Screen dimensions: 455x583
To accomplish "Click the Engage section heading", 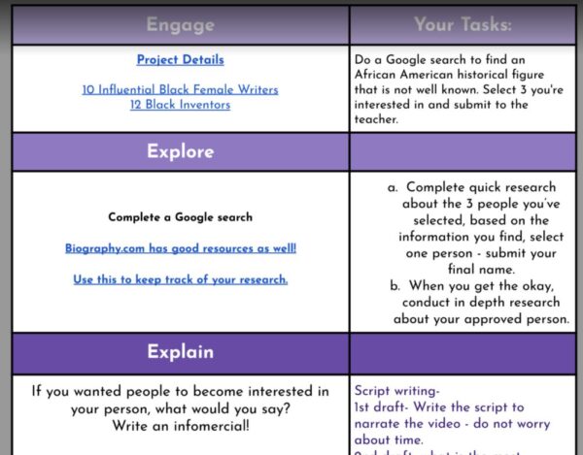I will [x=180, y=25].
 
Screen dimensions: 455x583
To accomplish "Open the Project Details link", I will [x=180, y=59].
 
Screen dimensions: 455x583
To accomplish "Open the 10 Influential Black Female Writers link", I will [x=180, y=89].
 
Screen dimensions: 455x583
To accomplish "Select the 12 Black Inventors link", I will [x=180, y=105].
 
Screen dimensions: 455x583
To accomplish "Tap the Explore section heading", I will [x=180, y=152].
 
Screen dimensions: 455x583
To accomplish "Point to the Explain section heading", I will [x=180, y=352].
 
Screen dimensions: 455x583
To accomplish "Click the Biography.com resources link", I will [x=180, y=248].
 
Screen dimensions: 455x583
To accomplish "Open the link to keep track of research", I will [x=180, y=279].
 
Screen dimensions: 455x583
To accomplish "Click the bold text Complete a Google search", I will [x=180, y=217].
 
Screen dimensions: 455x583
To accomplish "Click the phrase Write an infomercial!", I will [x=180, y=426].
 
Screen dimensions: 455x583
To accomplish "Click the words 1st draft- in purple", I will [x=386, y=407].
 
